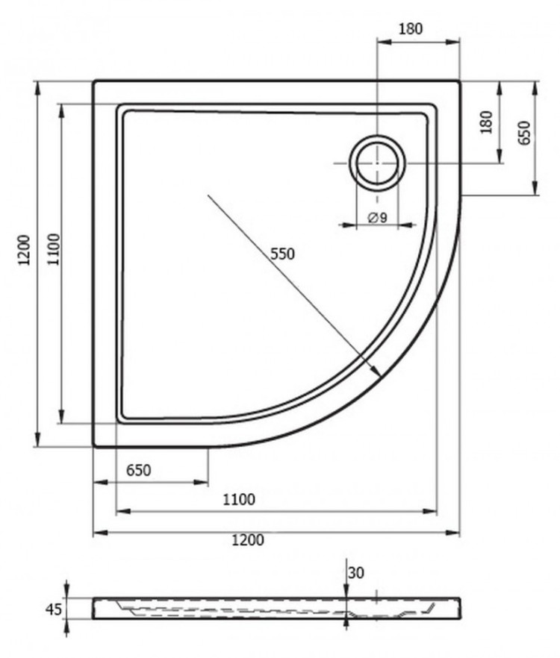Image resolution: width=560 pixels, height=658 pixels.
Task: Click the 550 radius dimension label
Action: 282,254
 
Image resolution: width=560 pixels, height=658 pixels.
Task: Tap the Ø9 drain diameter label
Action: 377,217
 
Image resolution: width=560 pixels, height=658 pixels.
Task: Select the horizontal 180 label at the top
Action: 411,28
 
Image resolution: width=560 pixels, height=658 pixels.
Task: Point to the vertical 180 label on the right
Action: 486,122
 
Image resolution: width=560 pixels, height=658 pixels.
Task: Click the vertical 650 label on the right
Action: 525,133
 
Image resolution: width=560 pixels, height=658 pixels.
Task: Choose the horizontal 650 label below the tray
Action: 139,471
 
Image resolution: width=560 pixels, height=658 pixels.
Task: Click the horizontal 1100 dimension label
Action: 239,499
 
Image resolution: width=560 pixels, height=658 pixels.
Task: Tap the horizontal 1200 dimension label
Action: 248,539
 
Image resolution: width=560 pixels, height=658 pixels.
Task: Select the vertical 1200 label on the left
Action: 25,250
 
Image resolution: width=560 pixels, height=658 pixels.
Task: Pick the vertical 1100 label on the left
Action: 54,250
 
